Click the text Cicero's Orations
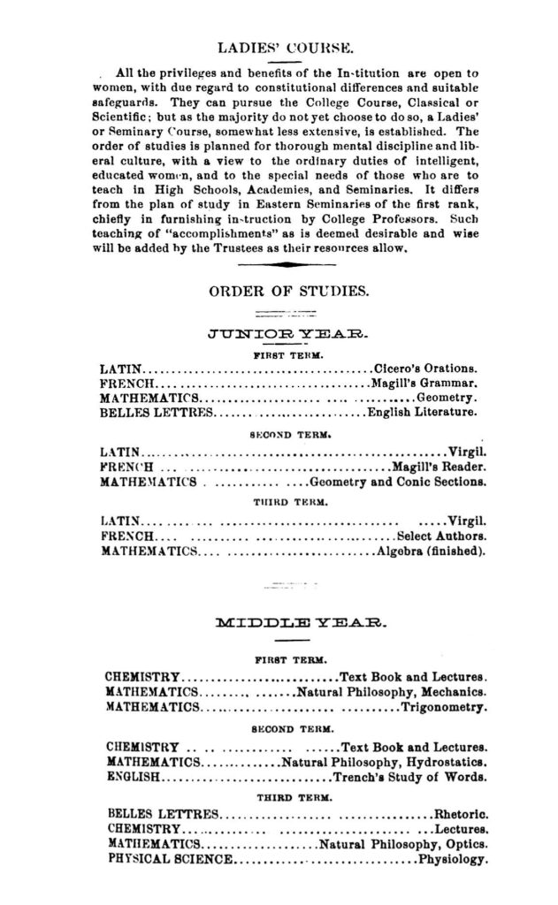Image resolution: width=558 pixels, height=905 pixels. [426, 367]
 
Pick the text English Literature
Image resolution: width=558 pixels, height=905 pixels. [423, 412]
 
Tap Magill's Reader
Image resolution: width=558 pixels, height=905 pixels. [437, 468]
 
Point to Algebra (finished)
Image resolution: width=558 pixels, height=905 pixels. [431, 552]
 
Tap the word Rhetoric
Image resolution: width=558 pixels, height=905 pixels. [461, 812]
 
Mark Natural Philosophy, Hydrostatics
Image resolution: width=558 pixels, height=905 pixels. [384, 763]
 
